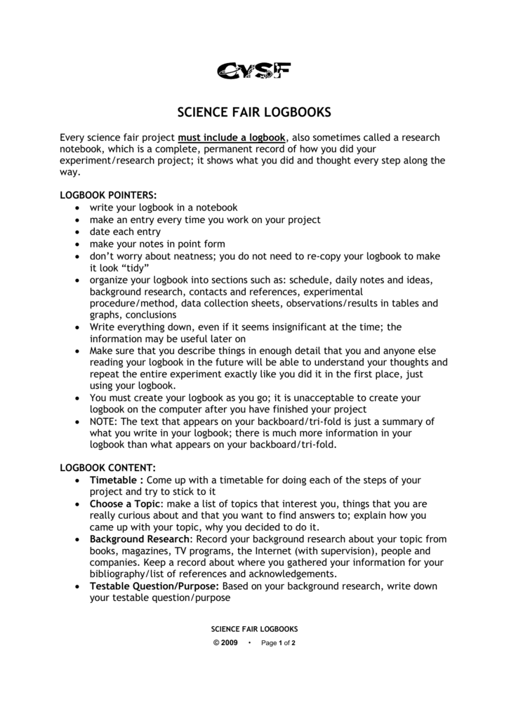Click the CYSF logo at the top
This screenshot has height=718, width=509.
(x=253, y=71)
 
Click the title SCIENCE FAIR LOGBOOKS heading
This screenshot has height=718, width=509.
(x=253, y=112)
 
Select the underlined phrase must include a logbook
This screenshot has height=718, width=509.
(x=233, y=138)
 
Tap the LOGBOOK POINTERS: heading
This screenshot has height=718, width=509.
(x=108, y=196)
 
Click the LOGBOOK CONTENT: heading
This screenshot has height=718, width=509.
(x=107, y=468)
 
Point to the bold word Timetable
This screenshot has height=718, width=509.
(x=116, y=480)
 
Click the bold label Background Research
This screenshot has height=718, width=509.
(x=140, y=538)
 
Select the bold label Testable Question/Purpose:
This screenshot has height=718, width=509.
(x=154, y=586)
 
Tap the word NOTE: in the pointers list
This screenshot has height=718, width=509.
(x=104, y=421)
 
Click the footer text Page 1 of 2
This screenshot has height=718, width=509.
(x=278, y=643)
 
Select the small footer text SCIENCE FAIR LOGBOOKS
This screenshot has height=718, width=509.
(x=255, y=629)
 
